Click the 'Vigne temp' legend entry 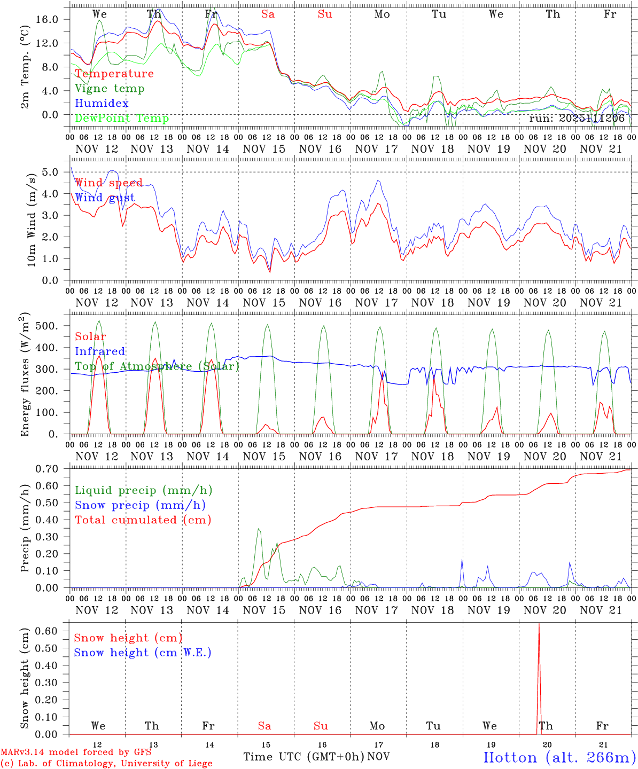click(110, 89)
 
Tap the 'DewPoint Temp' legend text click(122, 118)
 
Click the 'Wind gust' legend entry click(105, 198)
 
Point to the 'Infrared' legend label click(100, 351)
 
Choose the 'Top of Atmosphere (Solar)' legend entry click(157, 366)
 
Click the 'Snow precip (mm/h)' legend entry click(140, 505)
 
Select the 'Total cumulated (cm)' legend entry click(143, 520)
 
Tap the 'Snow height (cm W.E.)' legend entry click(143, 653)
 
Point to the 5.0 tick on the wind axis click(57, 172)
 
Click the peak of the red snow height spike click(539, 624)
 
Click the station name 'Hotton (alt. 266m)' click(559, 757)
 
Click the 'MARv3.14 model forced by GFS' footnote click(76, 752)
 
